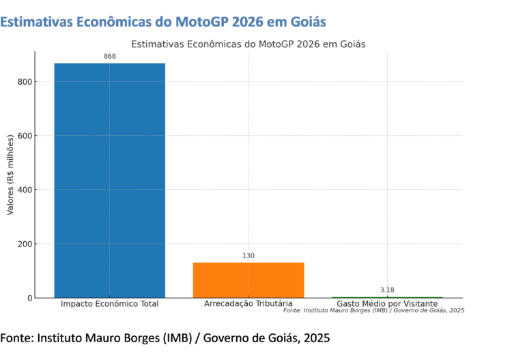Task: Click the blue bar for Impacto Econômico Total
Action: [x=109, y=180]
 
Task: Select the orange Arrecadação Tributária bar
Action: [x=248, y=280]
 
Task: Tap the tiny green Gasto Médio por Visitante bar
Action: [x=387, y=297]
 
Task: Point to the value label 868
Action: [x=110, y=57]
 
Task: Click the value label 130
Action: [x=248, y=256]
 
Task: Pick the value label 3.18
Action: [x=387, y=290]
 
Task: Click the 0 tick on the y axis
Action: [x=28, y=298]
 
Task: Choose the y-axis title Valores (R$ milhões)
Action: [x=10, y=175]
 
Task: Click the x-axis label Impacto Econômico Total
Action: [x=109, y=304]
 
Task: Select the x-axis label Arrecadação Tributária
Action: [x=248, y=304]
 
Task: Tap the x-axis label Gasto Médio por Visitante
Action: [x=387, y=304]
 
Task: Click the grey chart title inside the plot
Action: [x=248, y=44]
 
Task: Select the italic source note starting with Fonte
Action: [x=373, y=311]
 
